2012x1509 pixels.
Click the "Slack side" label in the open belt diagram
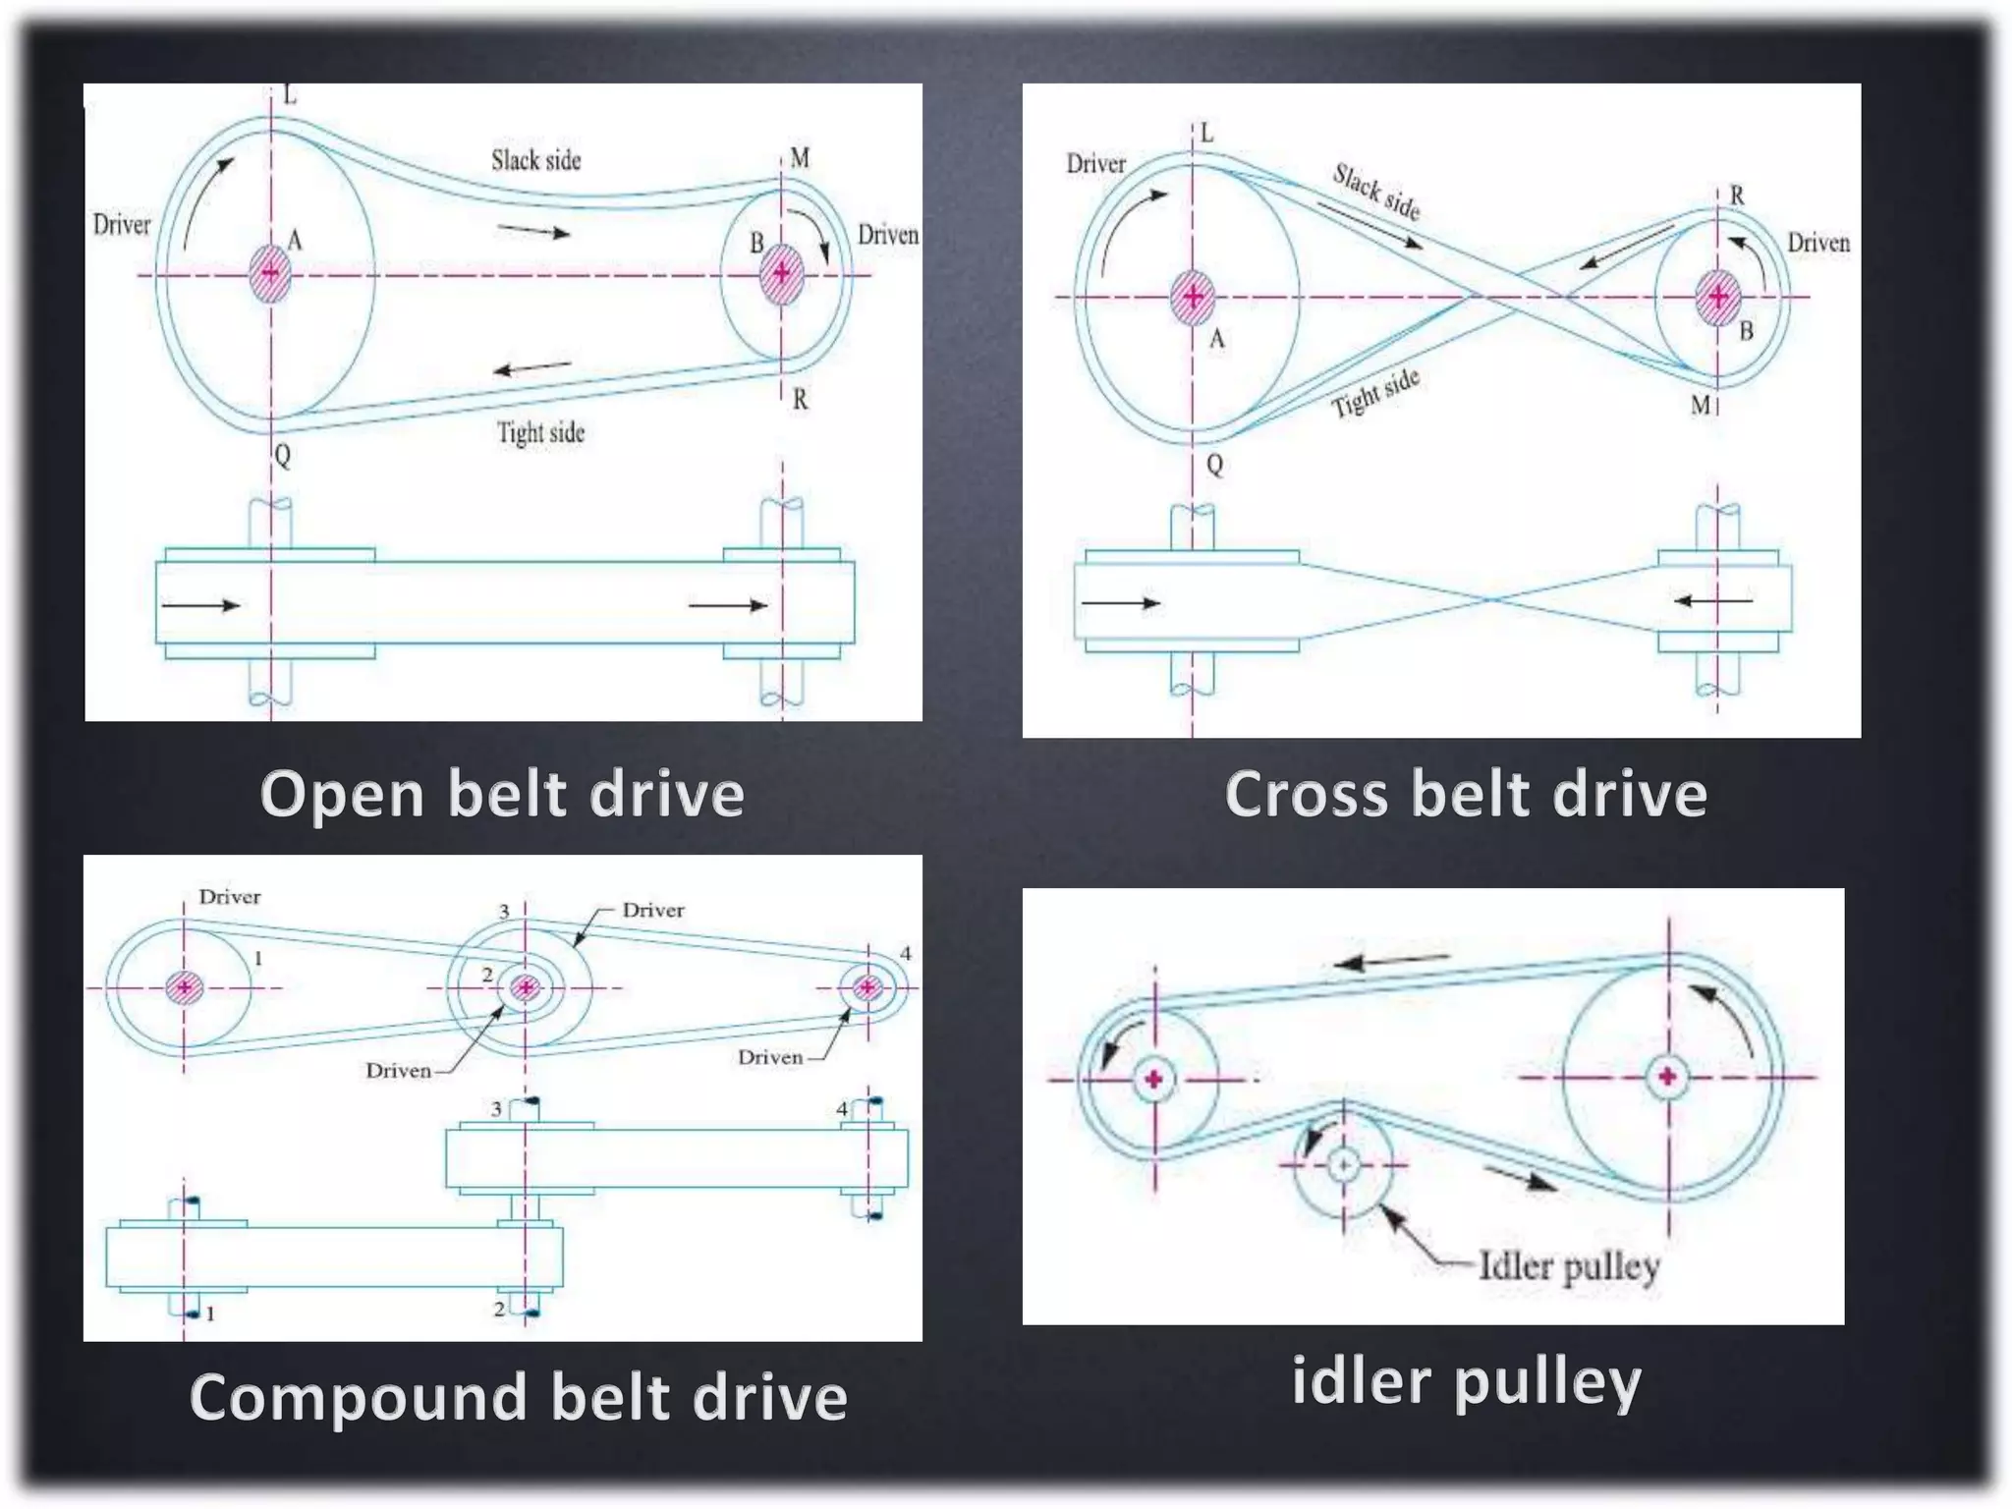(x=535, y=160)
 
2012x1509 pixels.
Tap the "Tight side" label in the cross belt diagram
(x=1375, y=393)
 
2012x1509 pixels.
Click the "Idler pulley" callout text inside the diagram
(x=1568, y=1266)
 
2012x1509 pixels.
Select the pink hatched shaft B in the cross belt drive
(x=1717, y=297)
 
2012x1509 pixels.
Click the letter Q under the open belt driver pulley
(x=282, y=456)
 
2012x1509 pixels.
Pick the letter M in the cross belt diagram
(x=1700, y=405)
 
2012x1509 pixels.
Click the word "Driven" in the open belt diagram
(x=887, y=235)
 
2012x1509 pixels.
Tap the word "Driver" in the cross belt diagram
(x=1095, y=164)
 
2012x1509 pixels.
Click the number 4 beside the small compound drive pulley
(x=905, y=953)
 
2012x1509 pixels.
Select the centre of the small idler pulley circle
(x=1343, y=1165)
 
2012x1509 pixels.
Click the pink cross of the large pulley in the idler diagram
(x=1667, y=1077)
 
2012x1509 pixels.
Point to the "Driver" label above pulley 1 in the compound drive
(x=230, y=897)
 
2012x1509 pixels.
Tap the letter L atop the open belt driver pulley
(x=289, y=95)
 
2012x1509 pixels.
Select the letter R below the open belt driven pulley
(x=800, y=400)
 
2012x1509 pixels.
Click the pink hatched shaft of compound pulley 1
(x=184, y=987)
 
